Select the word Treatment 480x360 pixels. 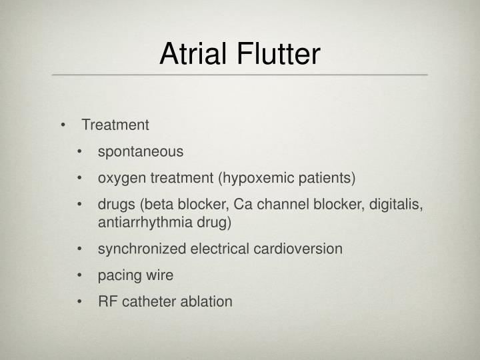coord(115,125)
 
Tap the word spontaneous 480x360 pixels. coord(141,151)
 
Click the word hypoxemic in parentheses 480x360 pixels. coord(254,178)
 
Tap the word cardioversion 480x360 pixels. coord(301,249)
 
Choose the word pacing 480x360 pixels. coord(118,275)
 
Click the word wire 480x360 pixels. coord(159,275)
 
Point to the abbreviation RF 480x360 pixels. coord(107,301)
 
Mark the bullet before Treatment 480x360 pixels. coord(63,125)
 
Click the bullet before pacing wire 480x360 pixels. coord(80,275)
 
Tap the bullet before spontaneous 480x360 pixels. coord(80,152)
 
